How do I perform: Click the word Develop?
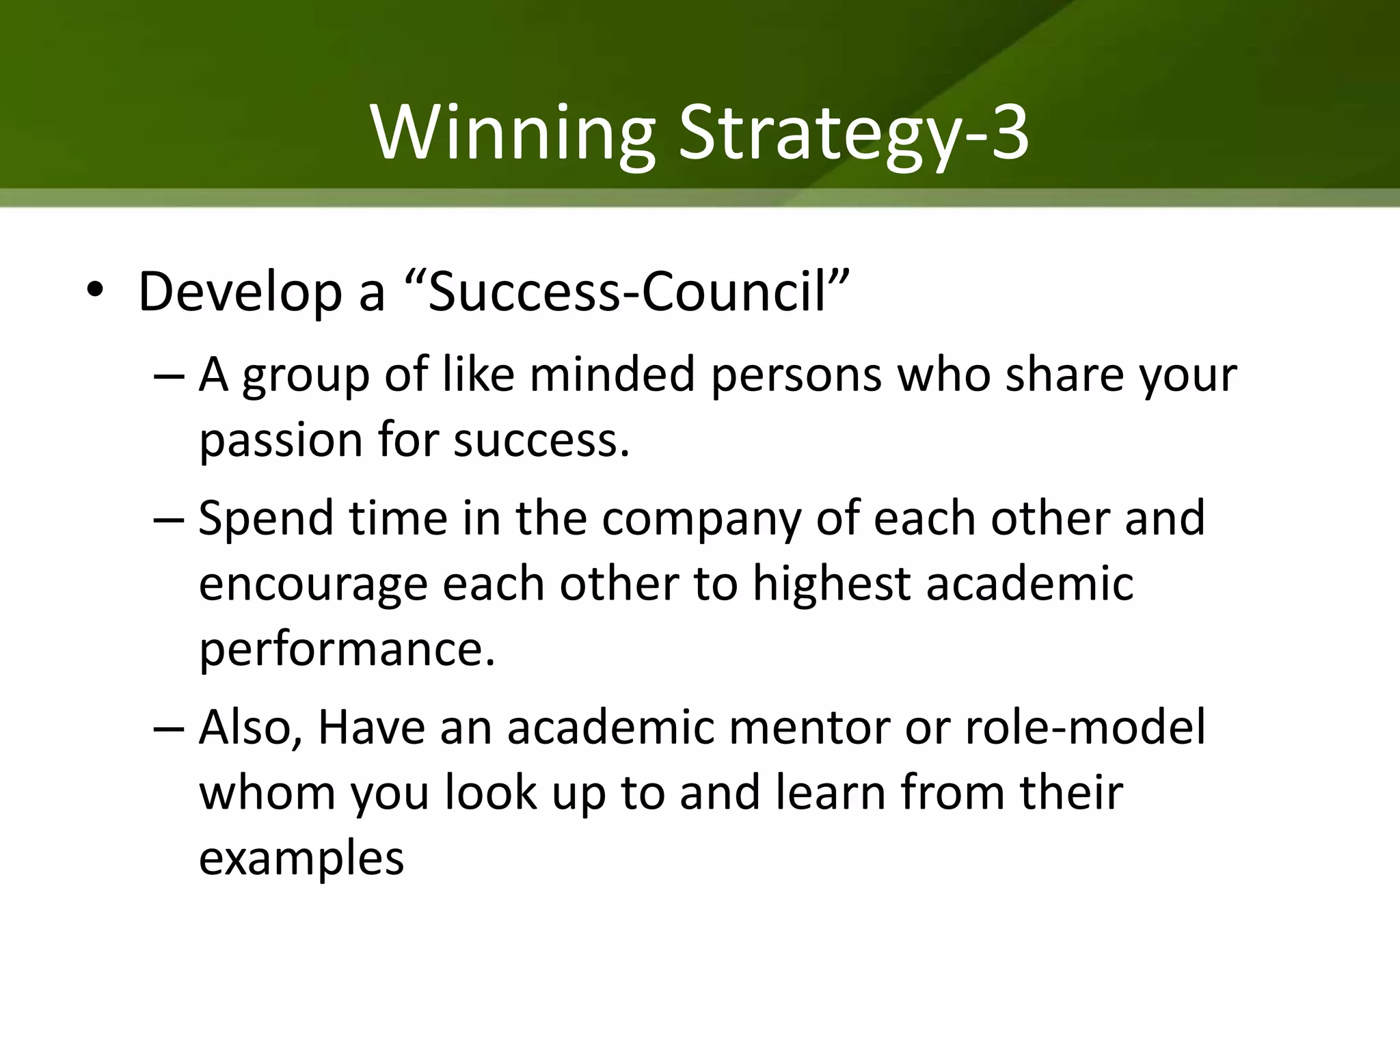point(239,293)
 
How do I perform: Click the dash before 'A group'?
point(169,376)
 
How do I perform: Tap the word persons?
point(796,377)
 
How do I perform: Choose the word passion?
point(280,441)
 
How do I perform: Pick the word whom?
point(267,793)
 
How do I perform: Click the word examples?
point(301,859)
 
